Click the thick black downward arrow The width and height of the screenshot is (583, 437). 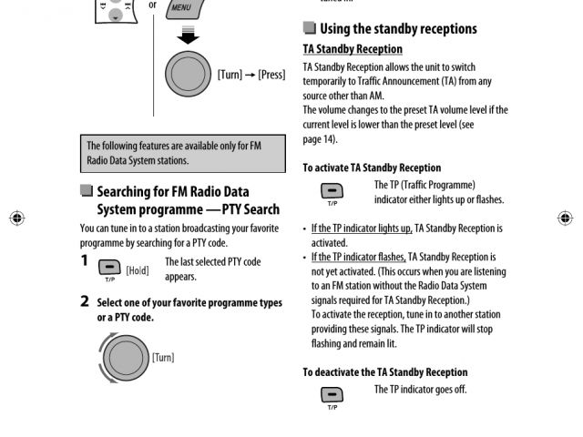[x=188, y=36]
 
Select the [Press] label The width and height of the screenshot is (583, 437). [x=271, y=75]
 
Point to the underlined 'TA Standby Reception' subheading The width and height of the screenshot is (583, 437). [x=353, y=49]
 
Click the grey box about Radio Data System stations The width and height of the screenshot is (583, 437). [x=183, y=153]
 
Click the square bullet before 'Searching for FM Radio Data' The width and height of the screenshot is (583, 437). [x=87, y=191]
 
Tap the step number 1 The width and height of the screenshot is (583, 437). [x=85, y=261]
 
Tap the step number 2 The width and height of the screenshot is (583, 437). [x=85, y=301]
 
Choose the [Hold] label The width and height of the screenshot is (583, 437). [x=138, y=270]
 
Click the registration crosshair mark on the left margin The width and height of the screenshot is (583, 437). [x=16, y=218]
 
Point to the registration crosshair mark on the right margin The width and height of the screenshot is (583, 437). [x=565, y=218]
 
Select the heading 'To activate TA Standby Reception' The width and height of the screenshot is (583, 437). [x=372, y=168]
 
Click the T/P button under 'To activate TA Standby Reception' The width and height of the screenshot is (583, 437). [x=332, y=191]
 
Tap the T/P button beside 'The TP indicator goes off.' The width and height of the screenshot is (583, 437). [x=332, y=395]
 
